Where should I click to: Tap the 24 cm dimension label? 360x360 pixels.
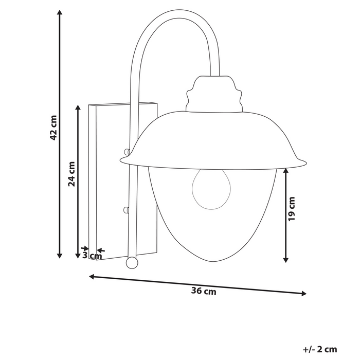click(72, 174)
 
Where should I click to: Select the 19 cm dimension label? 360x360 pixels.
click(292, 208)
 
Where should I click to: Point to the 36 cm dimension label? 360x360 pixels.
click(204, 292)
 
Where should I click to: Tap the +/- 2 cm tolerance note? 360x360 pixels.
click(320, 350)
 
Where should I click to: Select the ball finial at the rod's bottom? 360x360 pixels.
click(132, 263)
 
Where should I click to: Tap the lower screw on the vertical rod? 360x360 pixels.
click(127, 209)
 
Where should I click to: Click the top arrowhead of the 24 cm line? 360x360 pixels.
click(78, 107)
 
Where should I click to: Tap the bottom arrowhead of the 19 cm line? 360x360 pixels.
click(286, 260)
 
